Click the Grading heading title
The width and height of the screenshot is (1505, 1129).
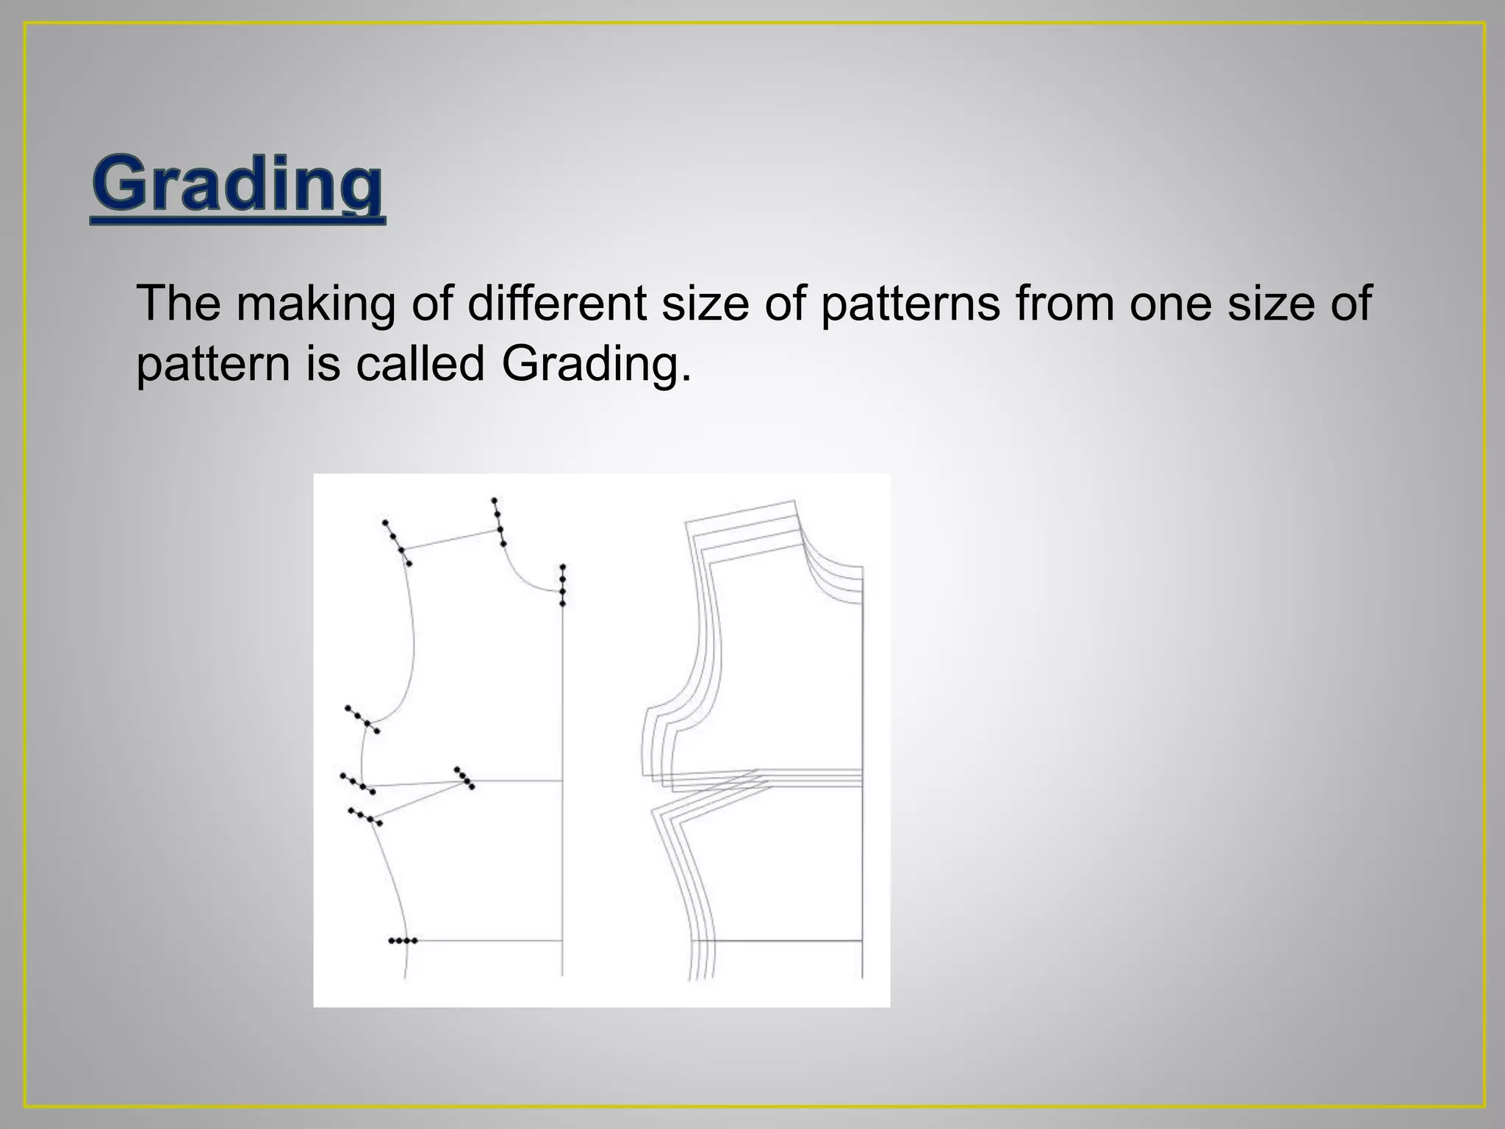[237, 184]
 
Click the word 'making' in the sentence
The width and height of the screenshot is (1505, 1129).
[315, 303]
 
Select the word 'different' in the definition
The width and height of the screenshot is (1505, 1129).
[556, 303]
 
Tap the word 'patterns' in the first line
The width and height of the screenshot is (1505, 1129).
[910, 303]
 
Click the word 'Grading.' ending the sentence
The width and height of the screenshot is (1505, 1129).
[596, 365]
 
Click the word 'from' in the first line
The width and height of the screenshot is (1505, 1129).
[1063, 303]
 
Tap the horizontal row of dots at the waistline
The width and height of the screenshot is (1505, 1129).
[403, 941]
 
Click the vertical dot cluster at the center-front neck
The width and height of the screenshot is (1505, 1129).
[562, 585]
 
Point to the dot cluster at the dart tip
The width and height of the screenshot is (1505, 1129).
[464, 778]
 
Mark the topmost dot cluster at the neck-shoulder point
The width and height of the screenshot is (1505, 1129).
[498, 523]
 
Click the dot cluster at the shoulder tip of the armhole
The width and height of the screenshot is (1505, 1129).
[397, 543]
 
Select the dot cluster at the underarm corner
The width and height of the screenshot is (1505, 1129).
[362, 720]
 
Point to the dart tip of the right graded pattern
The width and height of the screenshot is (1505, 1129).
[757, 774]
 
